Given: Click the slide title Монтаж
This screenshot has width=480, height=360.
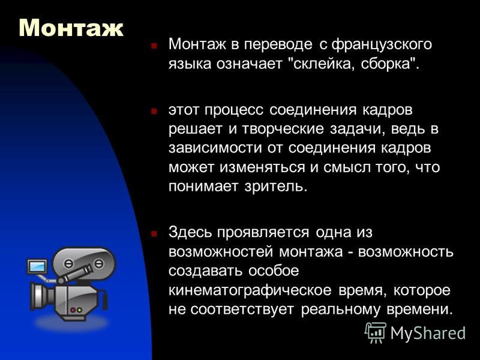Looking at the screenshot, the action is [x=71, y=28].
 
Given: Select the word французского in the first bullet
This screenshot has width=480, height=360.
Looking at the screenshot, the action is [x=382, y=44].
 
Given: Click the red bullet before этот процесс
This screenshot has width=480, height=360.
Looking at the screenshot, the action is [x=154, y=110].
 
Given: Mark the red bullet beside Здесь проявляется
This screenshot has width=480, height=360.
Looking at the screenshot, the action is [x=154, y=233].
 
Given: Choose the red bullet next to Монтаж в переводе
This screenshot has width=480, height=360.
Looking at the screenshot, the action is [x=154, y=46].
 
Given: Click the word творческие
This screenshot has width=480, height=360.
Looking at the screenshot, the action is [x=283, y=129].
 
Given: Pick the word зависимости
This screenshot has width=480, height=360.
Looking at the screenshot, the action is [x=215, y=148].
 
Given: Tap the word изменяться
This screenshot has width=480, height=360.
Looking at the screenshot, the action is [x=262, y=167].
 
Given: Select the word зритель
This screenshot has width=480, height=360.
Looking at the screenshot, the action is [x=276, y=186].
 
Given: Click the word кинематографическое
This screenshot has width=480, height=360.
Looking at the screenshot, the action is [x=250, y=290].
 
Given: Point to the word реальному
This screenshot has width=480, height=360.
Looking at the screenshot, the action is [x=341, y=310].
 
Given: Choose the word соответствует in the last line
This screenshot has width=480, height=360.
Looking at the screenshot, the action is [x=242, y=310].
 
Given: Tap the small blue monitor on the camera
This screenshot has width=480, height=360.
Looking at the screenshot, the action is [x=37, y=266].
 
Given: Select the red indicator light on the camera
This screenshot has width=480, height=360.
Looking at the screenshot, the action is [x=73, y=310].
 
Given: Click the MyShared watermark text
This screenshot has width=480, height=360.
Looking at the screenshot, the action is [x=428, y=332].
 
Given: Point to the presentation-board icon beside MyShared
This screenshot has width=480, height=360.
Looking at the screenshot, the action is [x=376, y=332].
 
